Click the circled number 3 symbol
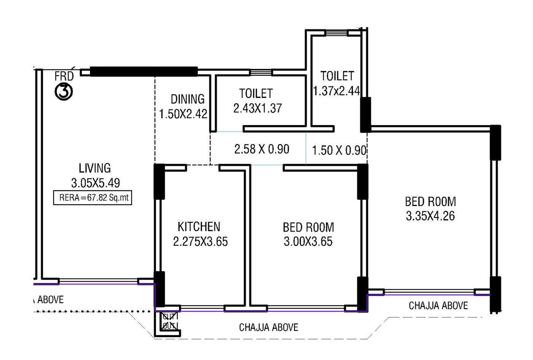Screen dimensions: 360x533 (64, 92)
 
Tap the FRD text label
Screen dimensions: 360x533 (64, 76)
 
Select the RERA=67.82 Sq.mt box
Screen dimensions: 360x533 (93, 198)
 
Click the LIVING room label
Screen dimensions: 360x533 (95, 168)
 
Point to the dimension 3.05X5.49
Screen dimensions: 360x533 (95, 183)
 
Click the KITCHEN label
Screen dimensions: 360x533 (199, 227)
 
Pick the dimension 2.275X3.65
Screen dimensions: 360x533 (200, 242)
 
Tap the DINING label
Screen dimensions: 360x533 (187, 99)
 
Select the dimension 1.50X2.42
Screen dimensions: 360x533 (183, 114)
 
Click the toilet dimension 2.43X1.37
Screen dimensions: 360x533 (257, 108)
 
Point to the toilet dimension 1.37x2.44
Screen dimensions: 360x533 (336, 91)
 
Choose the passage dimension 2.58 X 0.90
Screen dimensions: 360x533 (262, 149)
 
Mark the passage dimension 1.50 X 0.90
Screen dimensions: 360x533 (339, 150)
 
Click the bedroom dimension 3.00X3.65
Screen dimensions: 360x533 (308, 242)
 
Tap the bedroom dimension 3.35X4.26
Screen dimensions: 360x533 (430, 216)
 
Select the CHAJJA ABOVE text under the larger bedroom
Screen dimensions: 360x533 (438, 306)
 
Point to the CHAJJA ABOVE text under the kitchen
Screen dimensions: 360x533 (268, 327)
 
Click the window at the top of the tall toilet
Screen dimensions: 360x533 (337, 33)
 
